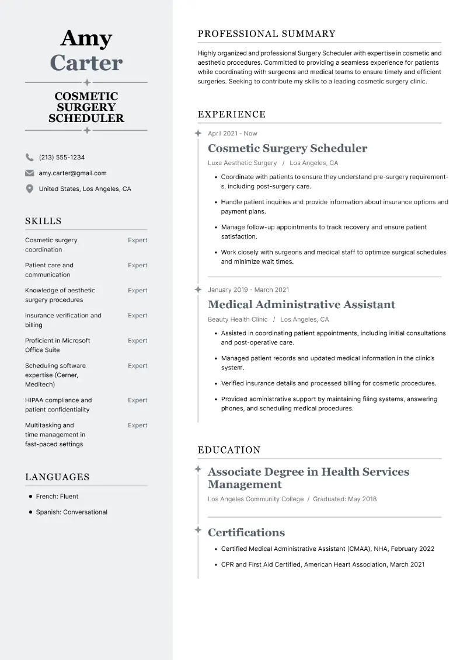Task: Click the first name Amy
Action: [x=86, y=39]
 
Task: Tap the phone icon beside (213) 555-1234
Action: [x=29, y=158]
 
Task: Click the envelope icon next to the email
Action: [x=29, y=173]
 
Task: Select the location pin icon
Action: [x=29, y=189]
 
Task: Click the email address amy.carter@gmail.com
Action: [x=72, y=173]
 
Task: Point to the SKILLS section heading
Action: [x=43, y=221]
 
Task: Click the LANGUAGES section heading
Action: [x=57, y=477]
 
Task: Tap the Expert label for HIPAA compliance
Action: [x=137, y=400]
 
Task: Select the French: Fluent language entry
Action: [x=57, y=497]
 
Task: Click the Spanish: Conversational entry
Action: [x=71, y=512]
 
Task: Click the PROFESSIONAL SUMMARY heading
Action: [x=267, y=34]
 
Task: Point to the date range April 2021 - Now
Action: [x=232, y=134]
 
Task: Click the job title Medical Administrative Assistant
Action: [x=301, y=305]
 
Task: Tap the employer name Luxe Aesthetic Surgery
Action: [x=242, y=163]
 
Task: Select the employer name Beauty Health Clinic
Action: [x=238, y=320]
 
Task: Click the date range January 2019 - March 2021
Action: [x=248, y=290]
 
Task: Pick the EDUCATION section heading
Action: [x=229, y=451]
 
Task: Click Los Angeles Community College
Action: [x=256, y=500]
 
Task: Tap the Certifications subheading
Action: [x=246, y=533]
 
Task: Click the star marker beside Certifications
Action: [x=198, y=530]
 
